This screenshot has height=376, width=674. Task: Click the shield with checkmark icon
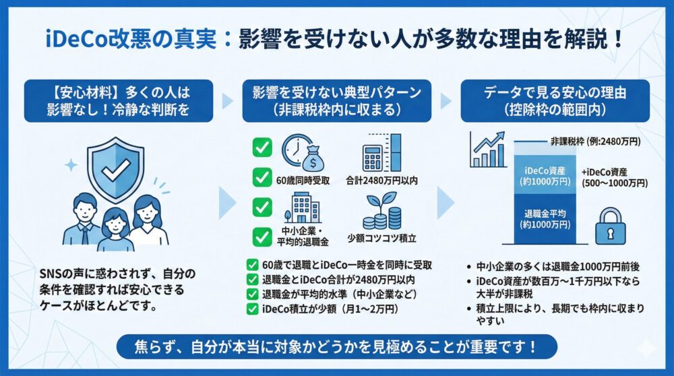coord(116,170)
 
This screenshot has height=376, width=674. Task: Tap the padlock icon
coord(610,226)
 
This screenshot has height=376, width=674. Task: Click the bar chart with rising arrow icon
coord(488,150)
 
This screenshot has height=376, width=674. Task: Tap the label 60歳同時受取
coord(303,181)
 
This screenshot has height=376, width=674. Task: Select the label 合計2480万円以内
coord(381,181)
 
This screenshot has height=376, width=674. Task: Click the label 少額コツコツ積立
coord(381,238)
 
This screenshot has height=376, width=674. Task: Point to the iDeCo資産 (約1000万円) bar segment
coord(545,175)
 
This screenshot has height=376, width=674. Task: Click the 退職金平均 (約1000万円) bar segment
coord(545,219)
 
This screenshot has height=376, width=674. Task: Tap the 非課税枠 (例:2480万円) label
coord(595,142)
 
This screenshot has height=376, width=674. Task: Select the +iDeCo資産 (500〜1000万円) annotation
coord(614,177)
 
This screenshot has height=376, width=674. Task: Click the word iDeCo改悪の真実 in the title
coord(131,40)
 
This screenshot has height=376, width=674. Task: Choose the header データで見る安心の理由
coord(555,93)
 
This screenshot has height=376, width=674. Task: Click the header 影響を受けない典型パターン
coord(336,93)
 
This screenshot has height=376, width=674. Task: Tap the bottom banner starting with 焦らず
coord(336,346)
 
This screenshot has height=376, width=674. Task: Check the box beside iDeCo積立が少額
coord(252,309)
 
